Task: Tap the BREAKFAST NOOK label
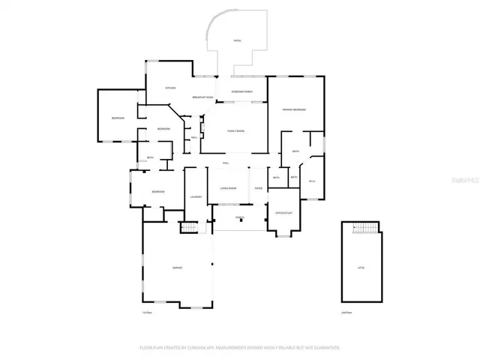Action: tap(203, 97)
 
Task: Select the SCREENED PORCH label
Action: tap(241, 92)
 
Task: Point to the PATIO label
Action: tap(237, 40)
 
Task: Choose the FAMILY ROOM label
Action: tap(236, 131)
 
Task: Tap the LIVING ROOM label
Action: tap(228, 188)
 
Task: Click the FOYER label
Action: tap(258, 188)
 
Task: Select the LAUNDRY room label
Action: tap(195, 196)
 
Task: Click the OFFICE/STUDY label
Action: tap(283, 212)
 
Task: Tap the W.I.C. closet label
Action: tap(312, 181)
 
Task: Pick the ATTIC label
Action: tap(360, 268)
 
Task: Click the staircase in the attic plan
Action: tap(365, 228)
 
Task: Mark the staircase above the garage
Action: tap(190, 227)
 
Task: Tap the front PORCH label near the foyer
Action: tap(240, 217)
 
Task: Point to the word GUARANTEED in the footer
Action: tap(326, 348)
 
